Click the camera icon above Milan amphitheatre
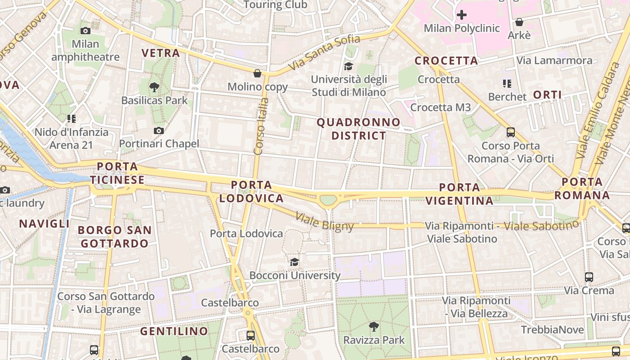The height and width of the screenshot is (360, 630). (85, 31)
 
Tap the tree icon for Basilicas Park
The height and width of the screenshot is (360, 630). (154, 87)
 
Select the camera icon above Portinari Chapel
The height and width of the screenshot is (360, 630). (158, 130)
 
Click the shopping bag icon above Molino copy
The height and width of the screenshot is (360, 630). (257, 73)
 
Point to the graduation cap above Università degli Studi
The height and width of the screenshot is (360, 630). (348, 67)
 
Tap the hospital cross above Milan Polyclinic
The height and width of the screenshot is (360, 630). (461, 15)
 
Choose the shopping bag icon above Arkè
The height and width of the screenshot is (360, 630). (519, 22)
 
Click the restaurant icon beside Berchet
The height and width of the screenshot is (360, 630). (507, 84)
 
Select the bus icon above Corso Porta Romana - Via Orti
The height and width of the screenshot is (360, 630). (510, 132)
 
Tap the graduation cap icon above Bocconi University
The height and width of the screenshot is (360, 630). (294, 262)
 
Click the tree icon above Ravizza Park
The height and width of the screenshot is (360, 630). (373, 327)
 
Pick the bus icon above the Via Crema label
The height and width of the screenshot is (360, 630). (589, 277)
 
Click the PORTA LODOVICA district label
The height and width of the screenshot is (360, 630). (252, 191)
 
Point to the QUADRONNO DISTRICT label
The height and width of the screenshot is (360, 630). (359, 129)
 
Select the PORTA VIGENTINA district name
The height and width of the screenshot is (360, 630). (459, 194)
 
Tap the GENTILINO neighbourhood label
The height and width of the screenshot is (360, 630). (174, 332)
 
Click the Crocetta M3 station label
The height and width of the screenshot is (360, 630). (441, 107)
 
